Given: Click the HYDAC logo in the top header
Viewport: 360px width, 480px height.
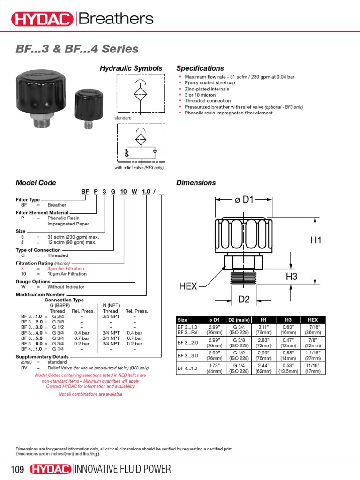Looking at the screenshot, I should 42,19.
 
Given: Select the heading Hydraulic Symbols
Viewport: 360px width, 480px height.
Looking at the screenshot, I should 131,68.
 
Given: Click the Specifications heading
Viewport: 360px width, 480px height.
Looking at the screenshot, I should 200,68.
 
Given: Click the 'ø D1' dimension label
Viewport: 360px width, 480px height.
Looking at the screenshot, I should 244,200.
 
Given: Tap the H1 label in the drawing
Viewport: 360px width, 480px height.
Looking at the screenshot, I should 317,240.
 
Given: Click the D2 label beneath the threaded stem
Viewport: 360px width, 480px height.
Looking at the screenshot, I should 244,299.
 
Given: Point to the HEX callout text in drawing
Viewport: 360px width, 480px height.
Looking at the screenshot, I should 188,286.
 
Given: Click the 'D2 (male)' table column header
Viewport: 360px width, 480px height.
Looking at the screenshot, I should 239,320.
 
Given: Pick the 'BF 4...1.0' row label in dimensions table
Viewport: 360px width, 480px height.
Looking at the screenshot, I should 187,368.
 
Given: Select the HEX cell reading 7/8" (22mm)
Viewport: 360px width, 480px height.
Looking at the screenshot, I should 313,342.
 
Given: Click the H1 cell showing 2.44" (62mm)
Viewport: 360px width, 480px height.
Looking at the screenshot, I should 263,368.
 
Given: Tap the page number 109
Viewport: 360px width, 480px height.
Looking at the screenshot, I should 17,469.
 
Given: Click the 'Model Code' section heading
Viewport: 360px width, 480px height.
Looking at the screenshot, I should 36,183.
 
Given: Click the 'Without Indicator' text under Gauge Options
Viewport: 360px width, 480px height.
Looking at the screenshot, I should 66,287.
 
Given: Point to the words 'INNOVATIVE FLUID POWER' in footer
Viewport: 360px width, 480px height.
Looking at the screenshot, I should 123,469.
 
